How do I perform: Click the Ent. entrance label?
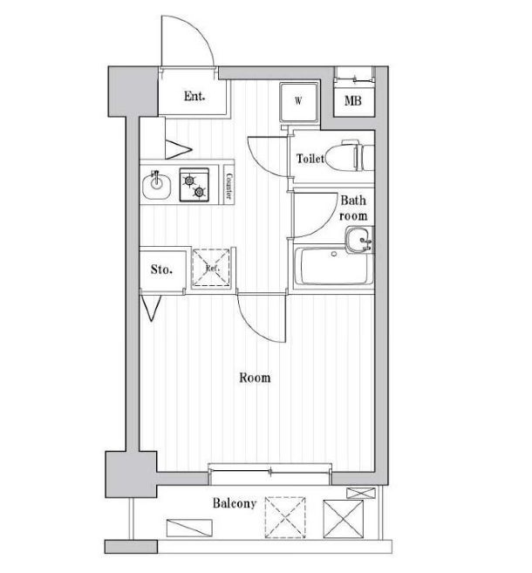click(194, 96)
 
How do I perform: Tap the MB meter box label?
click(352, 101)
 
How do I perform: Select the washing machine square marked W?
click(298, 102)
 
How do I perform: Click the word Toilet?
click(310, 159)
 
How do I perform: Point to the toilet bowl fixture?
click(356, 157)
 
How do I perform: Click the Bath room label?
click(353, 208)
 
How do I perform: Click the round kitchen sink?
click(158, 183)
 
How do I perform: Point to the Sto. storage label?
click(161, 269)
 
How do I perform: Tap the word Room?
click(255, 378)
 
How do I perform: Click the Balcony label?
click(234, 504)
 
